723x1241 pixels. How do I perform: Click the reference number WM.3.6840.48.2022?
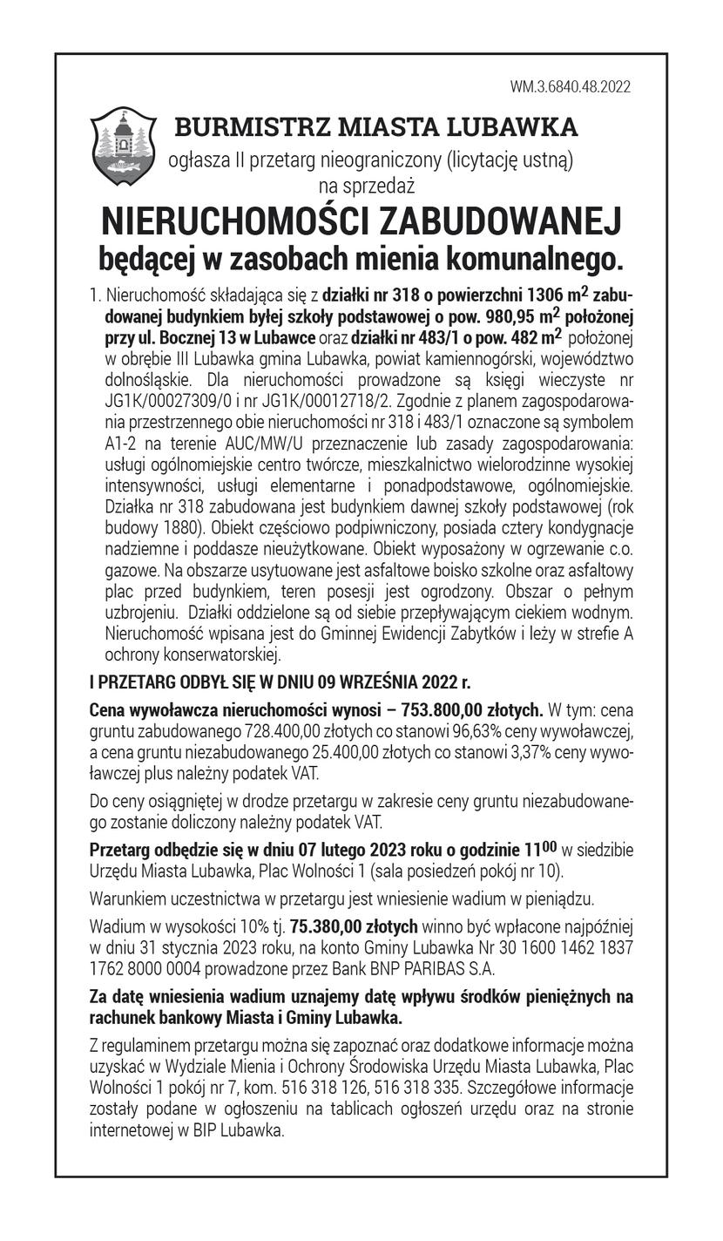[571, 87]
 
